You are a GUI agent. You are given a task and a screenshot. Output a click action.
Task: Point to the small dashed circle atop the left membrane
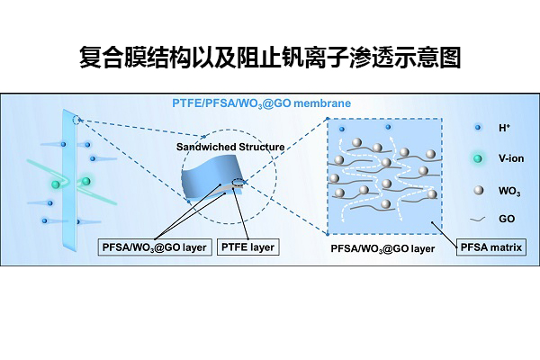click(x=77, y=120)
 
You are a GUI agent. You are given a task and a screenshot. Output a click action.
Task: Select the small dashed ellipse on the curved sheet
click(x=238, y=183)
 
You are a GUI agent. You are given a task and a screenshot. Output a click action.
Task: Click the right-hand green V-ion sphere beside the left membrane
click(x=86, y=182)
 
